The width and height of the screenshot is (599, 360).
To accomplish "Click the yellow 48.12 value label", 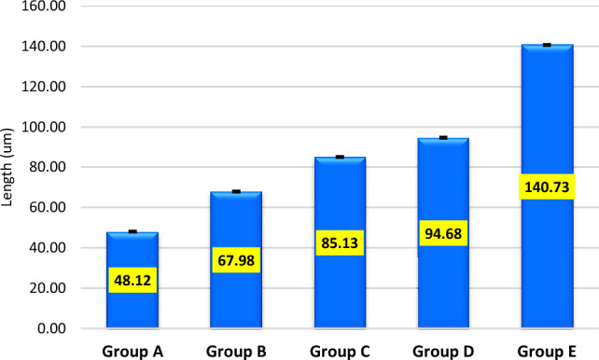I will (132, 280).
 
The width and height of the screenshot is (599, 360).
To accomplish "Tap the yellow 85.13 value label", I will (340, 243).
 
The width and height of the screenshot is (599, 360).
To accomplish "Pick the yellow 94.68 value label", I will (443, 233).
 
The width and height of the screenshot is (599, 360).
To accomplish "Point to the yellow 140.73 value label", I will (547, 187).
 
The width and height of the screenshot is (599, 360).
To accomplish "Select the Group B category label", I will (236, 350).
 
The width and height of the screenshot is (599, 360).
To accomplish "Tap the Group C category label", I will (340, 350).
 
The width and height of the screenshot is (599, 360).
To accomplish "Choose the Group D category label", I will (443, 350).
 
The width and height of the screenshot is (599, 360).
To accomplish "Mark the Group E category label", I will (547, 350).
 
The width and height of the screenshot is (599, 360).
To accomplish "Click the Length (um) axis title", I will (10, 168).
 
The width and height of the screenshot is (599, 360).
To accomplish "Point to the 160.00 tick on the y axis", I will (46, 7).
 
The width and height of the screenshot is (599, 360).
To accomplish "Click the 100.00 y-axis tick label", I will (46, 128).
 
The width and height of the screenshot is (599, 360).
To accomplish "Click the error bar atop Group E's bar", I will (547, 45).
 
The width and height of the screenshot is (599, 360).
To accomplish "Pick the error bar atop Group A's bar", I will (132, 231).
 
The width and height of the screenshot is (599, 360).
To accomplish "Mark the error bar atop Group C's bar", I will (340, 157).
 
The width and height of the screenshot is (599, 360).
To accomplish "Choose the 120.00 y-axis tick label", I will (46, 87).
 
